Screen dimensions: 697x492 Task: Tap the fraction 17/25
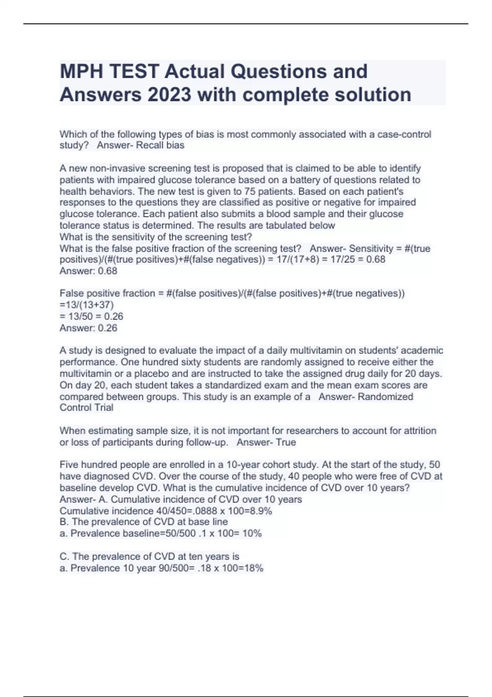pos(339,259)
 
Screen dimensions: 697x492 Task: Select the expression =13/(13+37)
pos(87,305)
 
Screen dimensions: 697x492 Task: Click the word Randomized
pos(385,396)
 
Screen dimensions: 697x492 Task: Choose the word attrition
pos(417,430)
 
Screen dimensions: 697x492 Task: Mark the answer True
pos(286,442)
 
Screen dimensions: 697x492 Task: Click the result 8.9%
pos(261,511)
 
